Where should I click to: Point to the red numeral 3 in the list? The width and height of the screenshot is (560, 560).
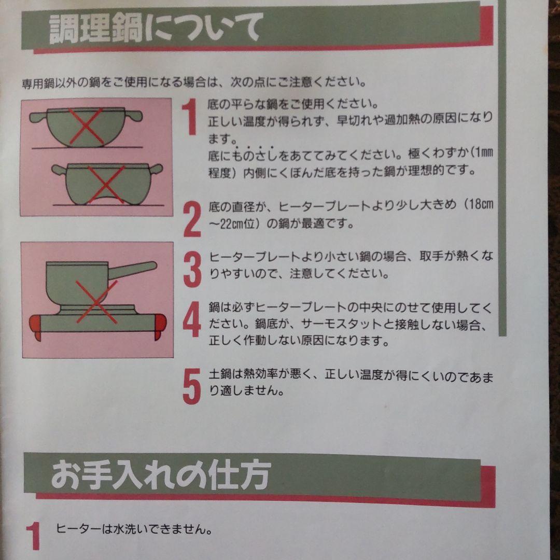click(x=192, y=268)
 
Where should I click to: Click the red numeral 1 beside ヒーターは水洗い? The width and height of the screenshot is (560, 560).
click(x=33, y=536)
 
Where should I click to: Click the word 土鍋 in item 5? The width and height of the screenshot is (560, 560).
click(x=219, y=374)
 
